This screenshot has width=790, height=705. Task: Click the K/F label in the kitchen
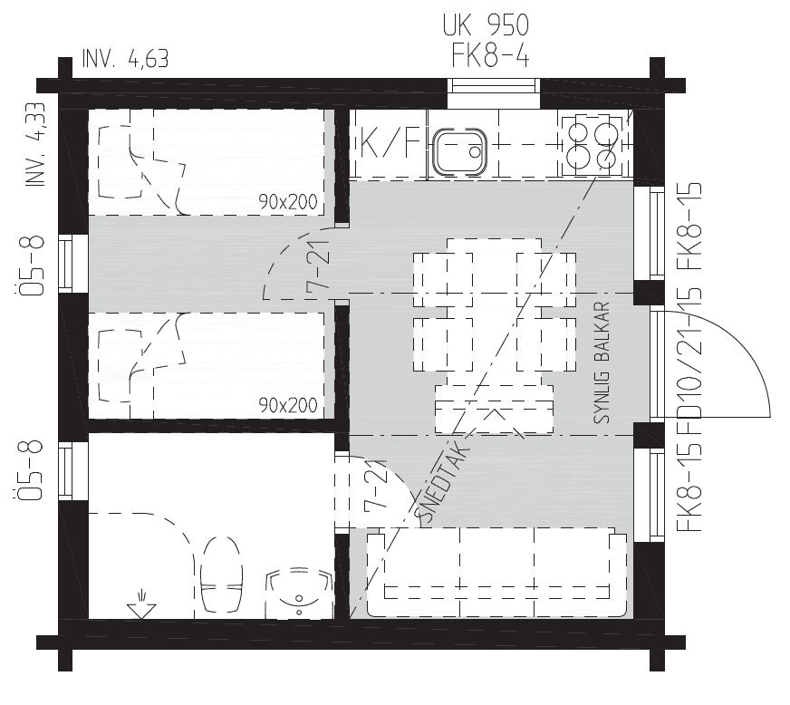pos(390,143)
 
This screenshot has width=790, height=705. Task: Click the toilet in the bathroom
pos(221,574)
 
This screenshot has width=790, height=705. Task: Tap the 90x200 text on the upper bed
pos(288,202)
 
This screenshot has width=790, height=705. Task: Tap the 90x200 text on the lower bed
pos(288,405)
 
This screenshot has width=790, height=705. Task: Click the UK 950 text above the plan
pos(487,25)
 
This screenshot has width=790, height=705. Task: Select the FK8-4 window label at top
pos(490,55)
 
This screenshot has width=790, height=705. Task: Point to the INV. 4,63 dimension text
pos(125,59)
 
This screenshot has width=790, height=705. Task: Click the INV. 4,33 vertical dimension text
pos(35,145)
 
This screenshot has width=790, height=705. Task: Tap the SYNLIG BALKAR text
pos(602,362)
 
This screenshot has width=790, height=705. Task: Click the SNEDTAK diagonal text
pos(441,482)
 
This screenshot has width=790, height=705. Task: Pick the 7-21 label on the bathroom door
pos(375,486)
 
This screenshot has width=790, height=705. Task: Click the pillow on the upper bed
pos(120,162)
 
